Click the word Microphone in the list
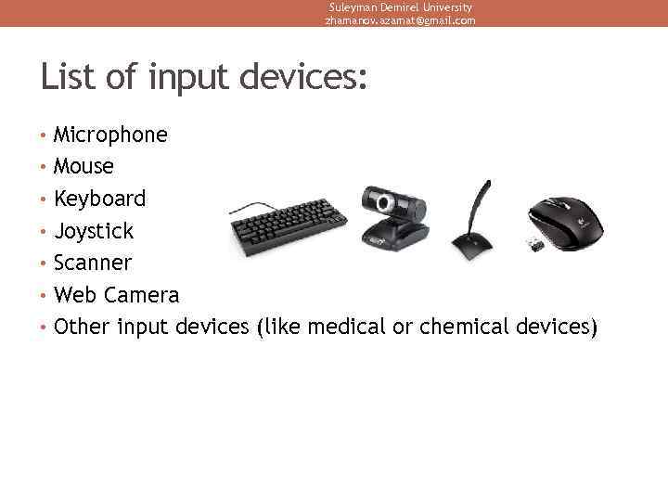110,135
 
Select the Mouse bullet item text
83,167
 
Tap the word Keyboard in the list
99,199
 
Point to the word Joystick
94,231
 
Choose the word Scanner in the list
93,263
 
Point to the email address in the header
400,20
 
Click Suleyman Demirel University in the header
400,7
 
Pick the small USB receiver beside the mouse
536,244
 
